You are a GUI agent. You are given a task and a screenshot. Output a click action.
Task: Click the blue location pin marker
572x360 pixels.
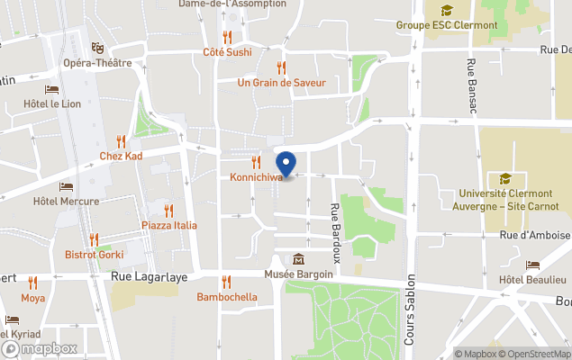pyautogui.click(x=286, y=165)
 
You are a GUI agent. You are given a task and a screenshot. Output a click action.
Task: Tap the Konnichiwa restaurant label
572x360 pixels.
pyautogui.click(x=256, y=177)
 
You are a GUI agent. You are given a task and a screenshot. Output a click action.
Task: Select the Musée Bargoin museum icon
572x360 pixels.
pyautogui.click(x=298, y=259)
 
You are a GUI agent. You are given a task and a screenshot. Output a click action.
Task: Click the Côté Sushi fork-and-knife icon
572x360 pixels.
pyautogui.click(x=227, y=38)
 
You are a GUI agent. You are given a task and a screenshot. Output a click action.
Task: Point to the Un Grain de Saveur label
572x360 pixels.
pyautogui.click(x=281, y=83)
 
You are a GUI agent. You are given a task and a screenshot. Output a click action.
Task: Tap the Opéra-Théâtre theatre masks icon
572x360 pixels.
pyautogui.click(x=97, y=48)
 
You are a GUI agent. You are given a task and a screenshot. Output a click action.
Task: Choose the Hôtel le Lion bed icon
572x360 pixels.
pyautogui.click(x=51, y=90)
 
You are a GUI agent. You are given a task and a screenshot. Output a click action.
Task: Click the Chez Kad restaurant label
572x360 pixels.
pyautogui.click(x=121, y=156)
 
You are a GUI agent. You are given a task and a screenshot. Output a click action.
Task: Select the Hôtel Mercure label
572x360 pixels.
pyautogui.click(x=66, y=201)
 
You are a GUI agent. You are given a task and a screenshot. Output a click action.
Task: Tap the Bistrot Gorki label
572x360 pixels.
pyautogui.click(x=95, y=255)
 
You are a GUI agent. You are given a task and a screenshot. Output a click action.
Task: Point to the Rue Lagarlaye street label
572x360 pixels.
pyautogui.click(x=150, y=277)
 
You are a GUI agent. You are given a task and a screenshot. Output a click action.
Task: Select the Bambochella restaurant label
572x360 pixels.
pyautogui.click(x=227, y=296)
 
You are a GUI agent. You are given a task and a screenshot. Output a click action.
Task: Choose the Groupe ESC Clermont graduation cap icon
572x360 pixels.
pyautogui.click(x=446, y=11)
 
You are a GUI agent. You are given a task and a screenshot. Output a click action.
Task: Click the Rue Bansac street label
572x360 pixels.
pyautogui.click(x=471, y=85)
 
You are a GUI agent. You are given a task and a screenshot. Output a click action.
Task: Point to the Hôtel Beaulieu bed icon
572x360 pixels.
pyautogui.click(x=532, y=266)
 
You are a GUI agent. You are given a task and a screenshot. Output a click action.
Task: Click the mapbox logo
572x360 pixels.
pyautogui.click(x=40, y=348)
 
